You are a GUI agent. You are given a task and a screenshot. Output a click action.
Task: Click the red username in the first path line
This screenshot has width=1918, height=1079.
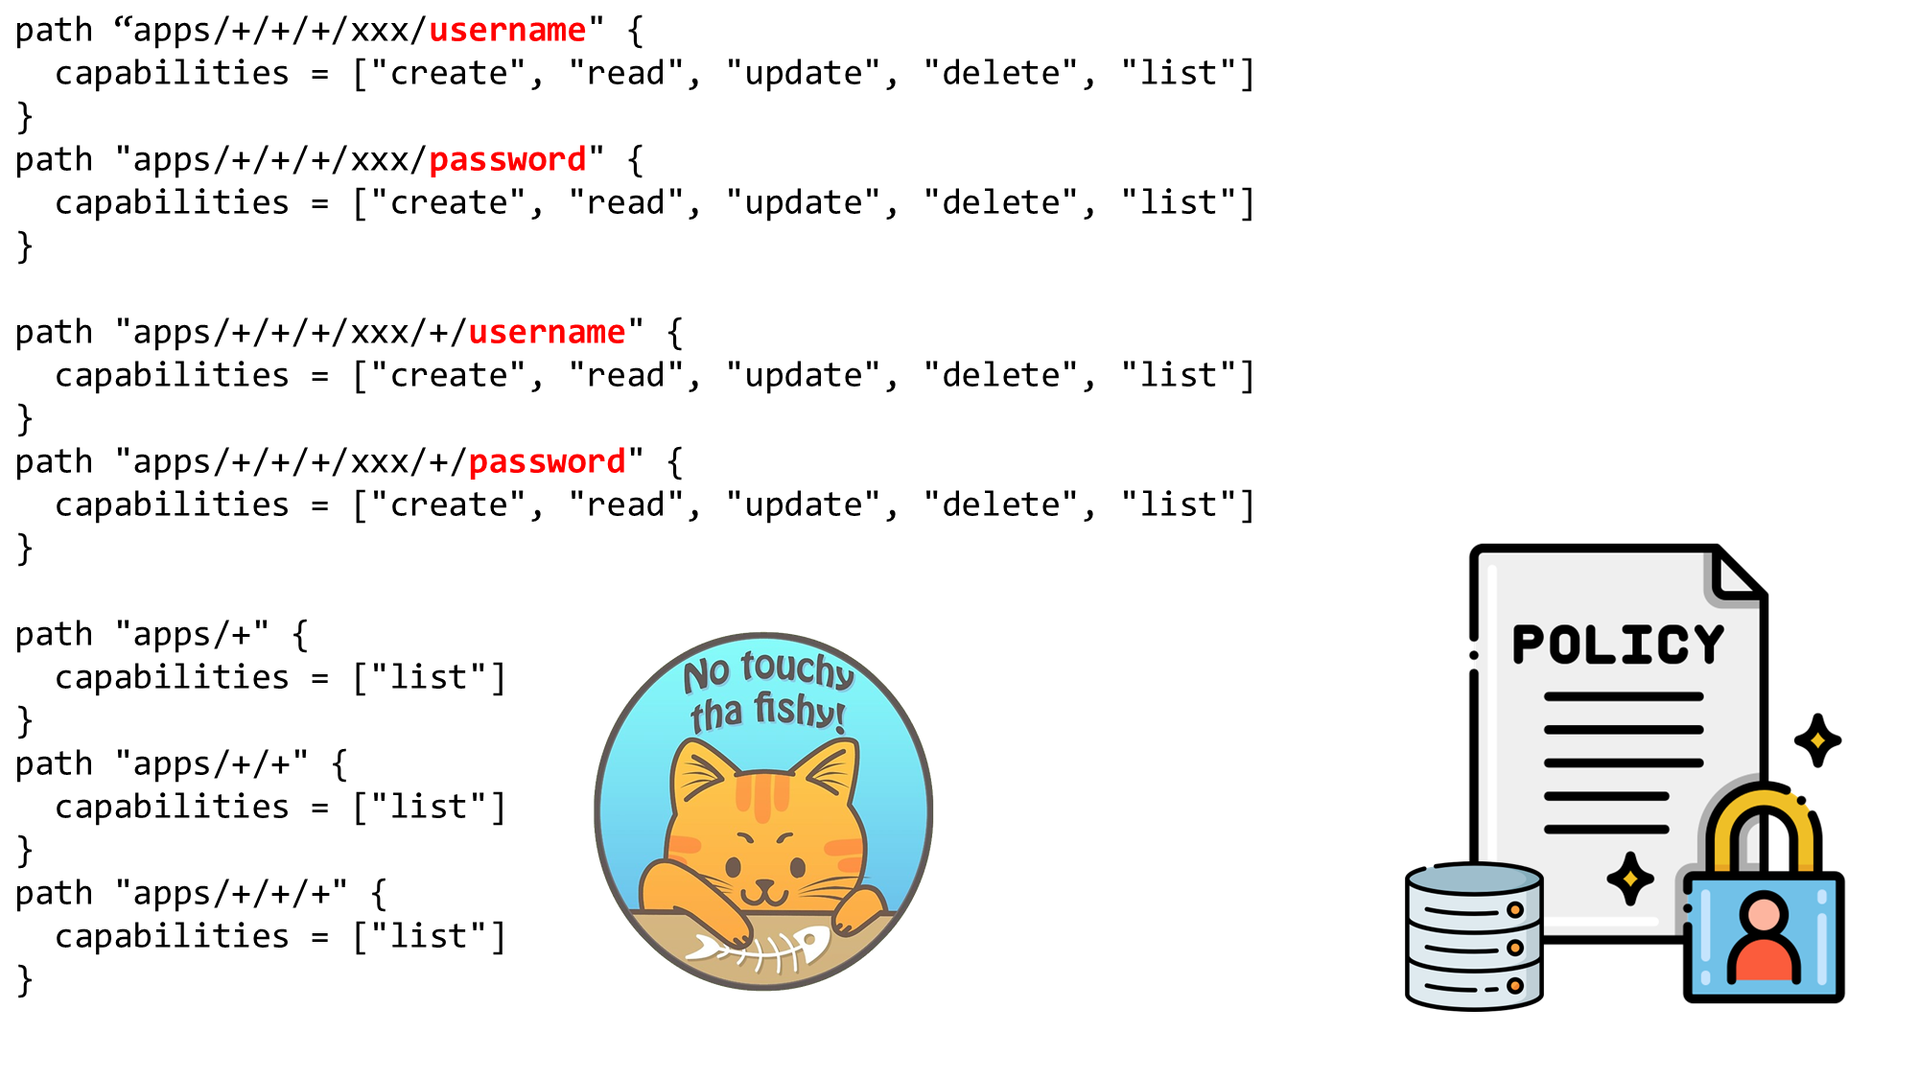pyautogui.click(x=506, y=31)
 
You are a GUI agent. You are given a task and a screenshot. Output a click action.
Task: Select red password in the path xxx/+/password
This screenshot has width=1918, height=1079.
pyautogui.click(x=547, y=462)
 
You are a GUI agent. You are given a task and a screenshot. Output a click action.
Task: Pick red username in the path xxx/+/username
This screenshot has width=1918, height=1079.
pyautogui.click(x=547, y=333)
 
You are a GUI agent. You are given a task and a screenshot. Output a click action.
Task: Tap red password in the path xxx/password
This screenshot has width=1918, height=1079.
pyautogui.click(x=506, y=160)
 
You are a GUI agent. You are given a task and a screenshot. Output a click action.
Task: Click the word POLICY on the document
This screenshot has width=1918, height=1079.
pyautogui.click(x=1618, y=645)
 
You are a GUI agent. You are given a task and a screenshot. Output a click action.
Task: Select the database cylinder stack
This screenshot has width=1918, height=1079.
pyautogui.click(x=1474, y=935)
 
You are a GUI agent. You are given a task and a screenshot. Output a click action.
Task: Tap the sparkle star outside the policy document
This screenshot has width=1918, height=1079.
pyautogui.click(x=1817, y=740)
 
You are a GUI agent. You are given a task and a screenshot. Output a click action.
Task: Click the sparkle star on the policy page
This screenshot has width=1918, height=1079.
pyautogui.click(x=1630, y=879)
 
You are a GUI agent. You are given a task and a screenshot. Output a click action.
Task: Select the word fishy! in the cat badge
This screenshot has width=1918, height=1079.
pyautogui.click(x=800, y=711)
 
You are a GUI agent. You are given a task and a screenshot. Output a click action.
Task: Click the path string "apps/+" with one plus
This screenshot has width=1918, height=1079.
pyautogui.click(x=192, y=635)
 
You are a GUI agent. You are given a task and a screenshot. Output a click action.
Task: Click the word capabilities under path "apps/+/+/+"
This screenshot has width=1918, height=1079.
pyautogui.click(x=172, y=937)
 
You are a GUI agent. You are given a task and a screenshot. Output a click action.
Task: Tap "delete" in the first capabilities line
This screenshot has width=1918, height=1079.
pyautogui.click(x=1002, y=74)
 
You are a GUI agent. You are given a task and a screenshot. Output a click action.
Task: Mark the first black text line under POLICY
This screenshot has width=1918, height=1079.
pyautogui.click(x=1623, y=697)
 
